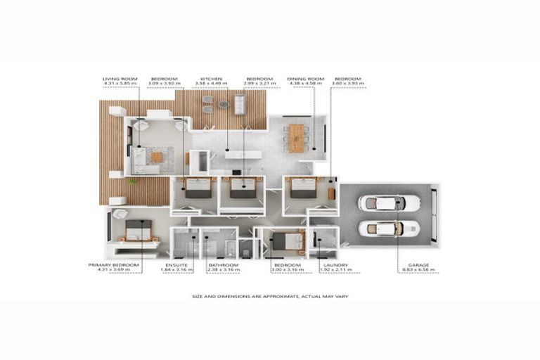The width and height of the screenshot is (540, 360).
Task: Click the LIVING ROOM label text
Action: pos(117,79)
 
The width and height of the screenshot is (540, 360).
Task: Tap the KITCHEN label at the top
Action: pos(212,79)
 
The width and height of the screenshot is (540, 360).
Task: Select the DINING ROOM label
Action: pos(304,79)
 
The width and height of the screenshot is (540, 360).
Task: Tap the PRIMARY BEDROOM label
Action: pos(114,264)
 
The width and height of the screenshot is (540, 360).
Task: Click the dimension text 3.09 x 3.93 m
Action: pos(165,84)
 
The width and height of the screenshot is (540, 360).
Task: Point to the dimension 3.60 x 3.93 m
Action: pos(349,84)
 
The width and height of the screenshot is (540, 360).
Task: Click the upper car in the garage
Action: pos(389,203)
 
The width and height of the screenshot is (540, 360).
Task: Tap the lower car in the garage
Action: pos(389,229)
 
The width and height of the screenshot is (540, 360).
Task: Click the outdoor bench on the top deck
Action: pos(239,105)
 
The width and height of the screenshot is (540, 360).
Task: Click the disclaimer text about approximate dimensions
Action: pos(270,296)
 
